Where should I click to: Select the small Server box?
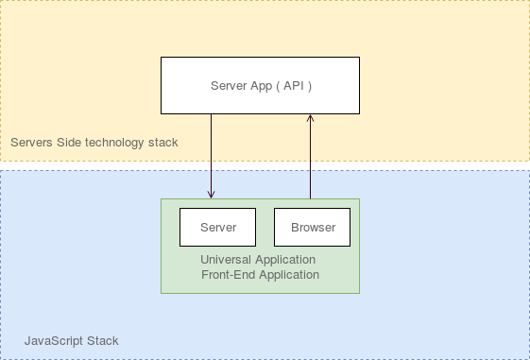click(217, 227)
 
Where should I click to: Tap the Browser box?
click(312, 227)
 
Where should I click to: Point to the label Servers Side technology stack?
click(94, 143)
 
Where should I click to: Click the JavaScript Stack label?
click(72, 340)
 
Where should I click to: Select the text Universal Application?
click(258, 260)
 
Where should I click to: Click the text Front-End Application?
click(260, 275)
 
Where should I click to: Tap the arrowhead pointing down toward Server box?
click(211, 194)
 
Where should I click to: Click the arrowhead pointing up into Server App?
click(310, 119)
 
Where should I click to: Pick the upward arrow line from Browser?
click(310, 161)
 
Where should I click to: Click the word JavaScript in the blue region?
click(53, 340)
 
